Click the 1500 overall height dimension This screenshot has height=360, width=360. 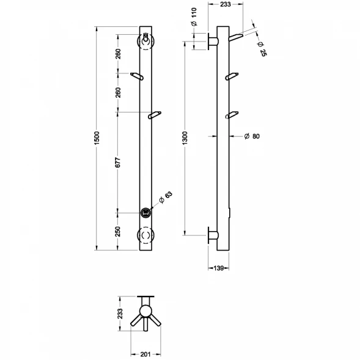click(97, 138)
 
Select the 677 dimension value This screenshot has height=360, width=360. click(118, 163)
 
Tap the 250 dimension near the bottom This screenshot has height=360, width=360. click(118, 232)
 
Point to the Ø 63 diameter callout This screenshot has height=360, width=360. click(166, 197)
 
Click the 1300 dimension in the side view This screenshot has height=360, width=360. click(185, 138)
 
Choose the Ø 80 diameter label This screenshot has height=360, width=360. click(252, 136)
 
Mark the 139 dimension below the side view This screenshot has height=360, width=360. click(218, 268)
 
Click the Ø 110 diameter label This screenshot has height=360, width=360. click(194, 17)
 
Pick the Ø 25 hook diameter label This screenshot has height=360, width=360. click(262, 49)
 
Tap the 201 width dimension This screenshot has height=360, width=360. click(145, 354)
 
